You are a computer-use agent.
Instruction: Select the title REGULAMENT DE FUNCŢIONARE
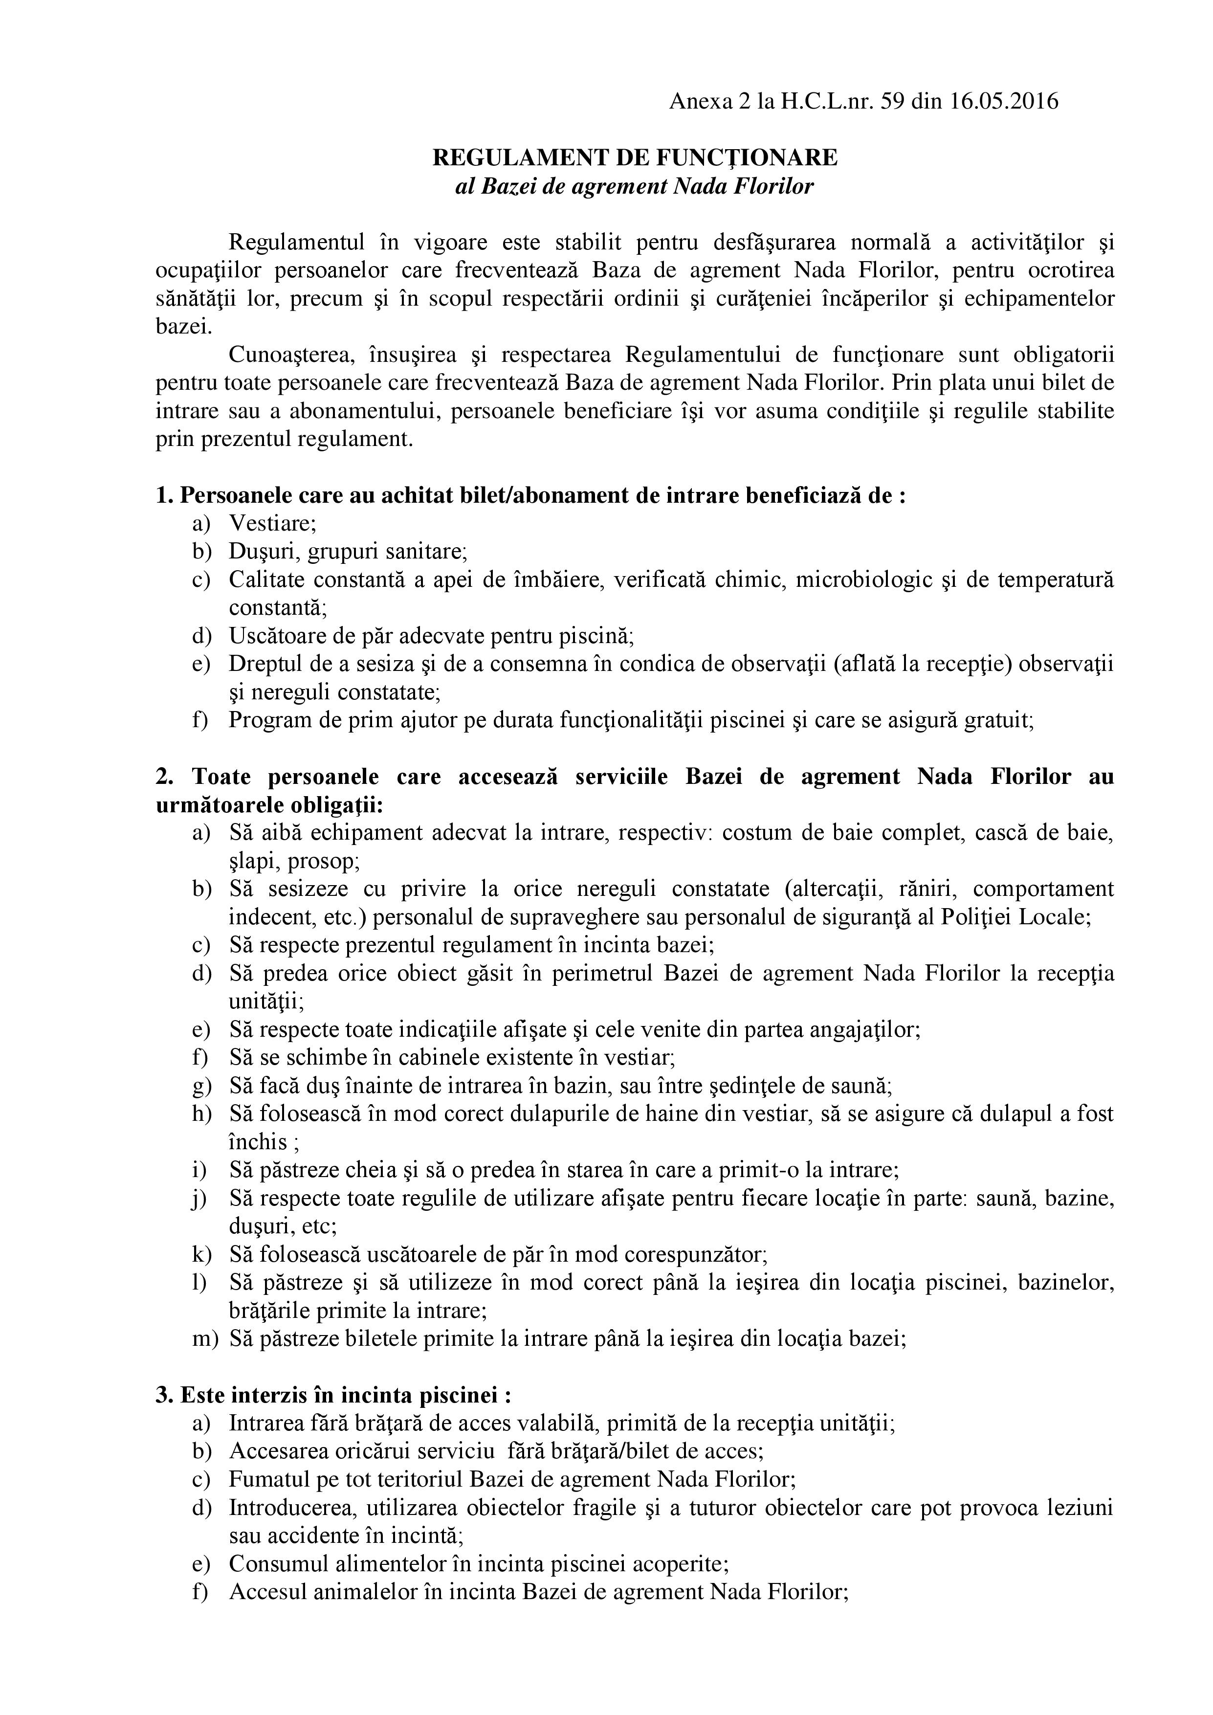click(636, 157)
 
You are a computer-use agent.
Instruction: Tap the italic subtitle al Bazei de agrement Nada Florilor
click(634, 185)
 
